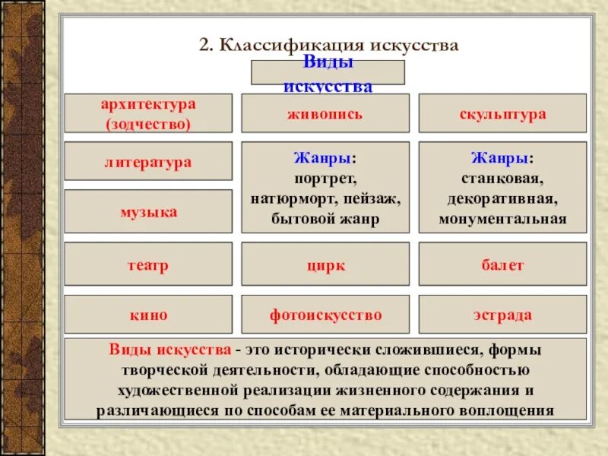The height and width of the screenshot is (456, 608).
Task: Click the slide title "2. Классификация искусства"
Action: [x=328, y=45]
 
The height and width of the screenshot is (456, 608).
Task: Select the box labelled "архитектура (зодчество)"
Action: [x=148, y=112]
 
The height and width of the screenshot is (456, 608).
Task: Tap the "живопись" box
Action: [x=325, y=113]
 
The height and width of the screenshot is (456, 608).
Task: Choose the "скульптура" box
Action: [x=502, y=113]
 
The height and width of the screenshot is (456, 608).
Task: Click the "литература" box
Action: [x=148, y=162]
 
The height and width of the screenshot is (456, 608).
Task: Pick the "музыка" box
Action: [x=148, y=211]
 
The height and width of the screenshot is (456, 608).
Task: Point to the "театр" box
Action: [x=148, y=265]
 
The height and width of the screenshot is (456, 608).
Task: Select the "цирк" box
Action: [x=325, y=265]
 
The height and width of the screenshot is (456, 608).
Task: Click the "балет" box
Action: [x=502, y=265]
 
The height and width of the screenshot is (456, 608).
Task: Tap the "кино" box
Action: [x=148, y=315]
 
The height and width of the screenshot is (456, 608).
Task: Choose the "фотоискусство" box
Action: [x=325, y=315]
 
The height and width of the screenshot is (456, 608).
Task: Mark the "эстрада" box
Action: [x=502, y=315]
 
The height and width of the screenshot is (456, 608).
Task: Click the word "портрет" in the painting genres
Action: [x=325, y=179]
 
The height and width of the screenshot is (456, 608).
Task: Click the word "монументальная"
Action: [x=502, y=219]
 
